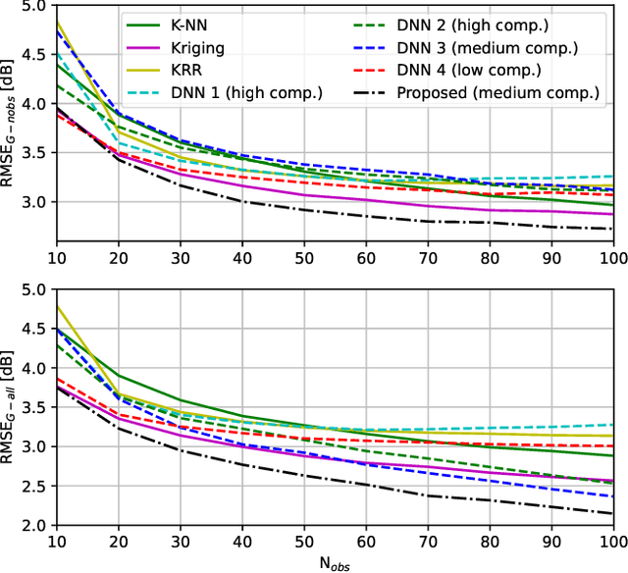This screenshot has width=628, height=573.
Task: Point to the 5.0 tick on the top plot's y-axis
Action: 32,6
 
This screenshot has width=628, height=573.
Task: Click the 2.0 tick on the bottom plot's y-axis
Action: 32,525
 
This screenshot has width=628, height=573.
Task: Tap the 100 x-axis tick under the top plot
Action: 612,258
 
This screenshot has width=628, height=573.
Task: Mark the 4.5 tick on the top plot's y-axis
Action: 32,55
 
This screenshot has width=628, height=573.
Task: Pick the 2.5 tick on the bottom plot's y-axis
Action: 32,486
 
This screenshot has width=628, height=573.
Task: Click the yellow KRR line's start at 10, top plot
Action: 58,22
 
